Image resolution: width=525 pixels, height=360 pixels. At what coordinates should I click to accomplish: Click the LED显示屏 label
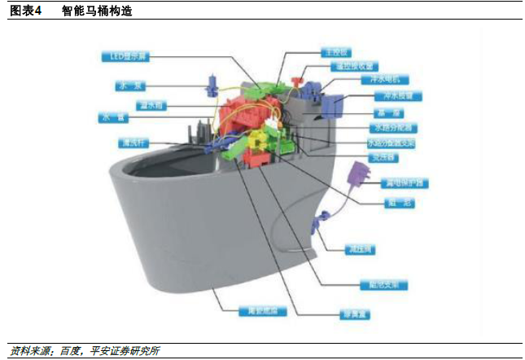coord(125,56)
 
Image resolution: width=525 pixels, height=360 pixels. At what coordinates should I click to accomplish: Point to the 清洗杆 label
coord(130,143)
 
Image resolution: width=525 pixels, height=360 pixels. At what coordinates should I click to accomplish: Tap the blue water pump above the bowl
coord(210,81)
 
